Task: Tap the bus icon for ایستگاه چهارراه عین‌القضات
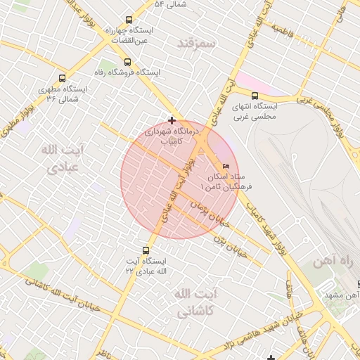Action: point(128,20)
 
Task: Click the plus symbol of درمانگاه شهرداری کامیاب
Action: point(172,120)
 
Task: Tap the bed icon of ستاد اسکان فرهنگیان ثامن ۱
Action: point(225,166)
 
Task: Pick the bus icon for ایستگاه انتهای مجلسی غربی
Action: point(255,96)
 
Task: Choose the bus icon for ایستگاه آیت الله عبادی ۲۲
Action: point(146,250)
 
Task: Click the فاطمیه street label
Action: point(283,32)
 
